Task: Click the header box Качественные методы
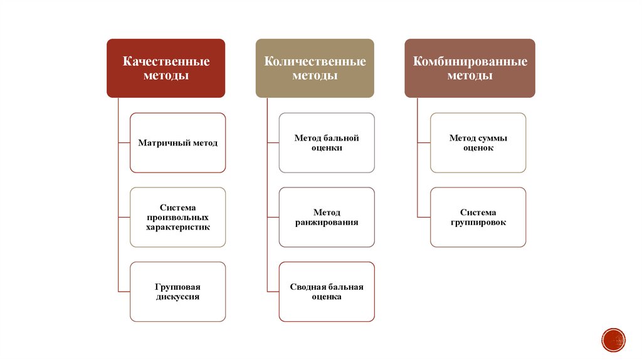[x=166, y=68]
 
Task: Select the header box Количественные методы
[x=314, y=68]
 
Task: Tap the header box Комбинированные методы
[x=470, y=68]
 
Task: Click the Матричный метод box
[x=177, y=143]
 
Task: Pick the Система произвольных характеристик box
[x=177, y=217]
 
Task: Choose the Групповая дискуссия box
[x=177, y=292]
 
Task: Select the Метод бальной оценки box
[x=327, y=143]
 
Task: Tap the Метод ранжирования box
[x=327, y=217]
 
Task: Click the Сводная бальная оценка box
[x=327, y=292]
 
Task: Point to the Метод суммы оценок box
[x=478, y=143]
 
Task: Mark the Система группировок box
[x=478, y=217]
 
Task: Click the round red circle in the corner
[x=613, y=339]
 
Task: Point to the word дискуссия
[x=177, y=297]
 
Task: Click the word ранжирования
[x=327, y=223]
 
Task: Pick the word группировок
[x=478, y=223]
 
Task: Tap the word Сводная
[x=305, y=287]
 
